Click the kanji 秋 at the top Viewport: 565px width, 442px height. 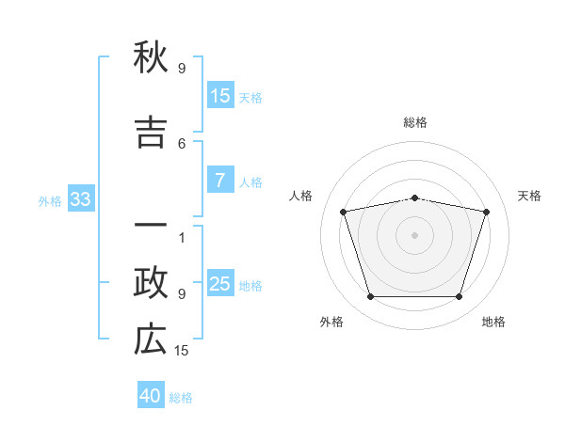pyautogui.click(x=151, y=56)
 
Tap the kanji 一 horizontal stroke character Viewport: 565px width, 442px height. pyautogui.click(x=151, y=225)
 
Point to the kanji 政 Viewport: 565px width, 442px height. pyautogui.click(x=151, y=283)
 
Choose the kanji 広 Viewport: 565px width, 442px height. pyautogui.click(x=151, y=339)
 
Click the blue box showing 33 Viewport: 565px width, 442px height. pyautogui.click(x=81, y=198)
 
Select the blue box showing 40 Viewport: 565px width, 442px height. pyautogui.click(x=151, y=394)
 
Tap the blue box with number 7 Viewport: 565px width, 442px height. pyautogui.click(x=220, y=180)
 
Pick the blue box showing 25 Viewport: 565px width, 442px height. pyautogui.click(x=220, y=282)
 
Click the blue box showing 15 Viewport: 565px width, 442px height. pyautogui.click(x=220, y=95)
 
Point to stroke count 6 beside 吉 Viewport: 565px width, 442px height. pyautogui.click(x=182, y=144)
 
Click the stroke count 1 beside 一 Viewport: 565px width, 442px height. pyautogui.click(x=182, y=238)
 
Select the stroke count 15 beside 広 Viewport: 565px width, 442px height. pyautogui.click(x=181, y=351)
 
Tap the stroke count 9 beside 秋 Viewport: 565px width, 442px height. pyautogui.click(x=182, y=68)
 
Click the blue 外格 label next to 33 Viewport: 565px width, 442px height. pyautogui.click(x=50, y=201)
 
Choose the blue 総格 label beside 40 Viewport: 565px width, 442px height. pyautogui.click(x=181, y=398)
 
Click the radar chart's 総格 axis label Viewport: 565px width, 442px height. pyautogui.click(x=414, y=122)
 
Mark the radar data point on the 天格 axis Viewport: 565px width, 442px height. pyautogui.click(x=486, y=212)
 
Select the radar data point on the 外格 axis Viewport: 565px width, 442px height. pyautogui.click(x=370, y=296)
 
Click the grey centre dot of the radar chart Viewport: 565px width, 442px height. pyautogui.click(x=414, y=235)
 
